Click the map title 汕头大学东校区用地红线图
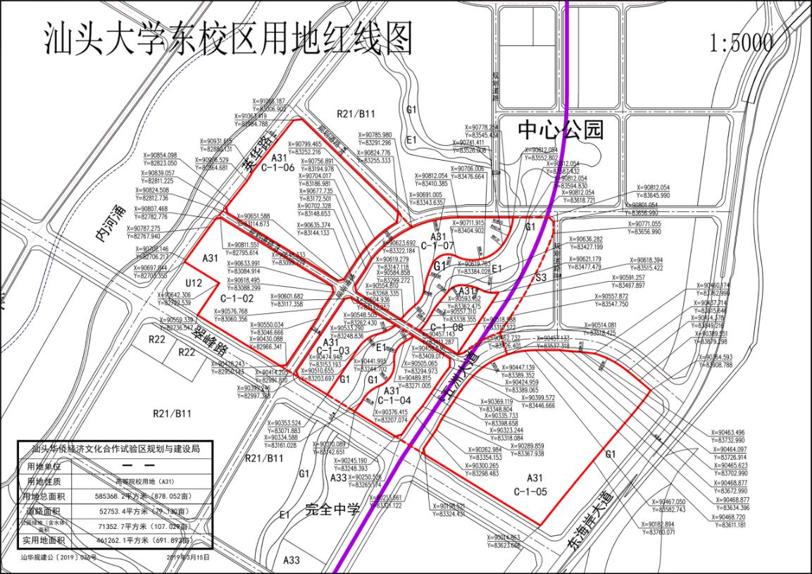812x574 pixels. (227, 39)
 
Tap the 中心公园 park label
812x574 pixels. (561, 130)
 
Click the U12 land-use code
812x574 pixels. (194, 282)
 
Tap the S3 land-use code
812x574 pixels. (541, 278)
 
